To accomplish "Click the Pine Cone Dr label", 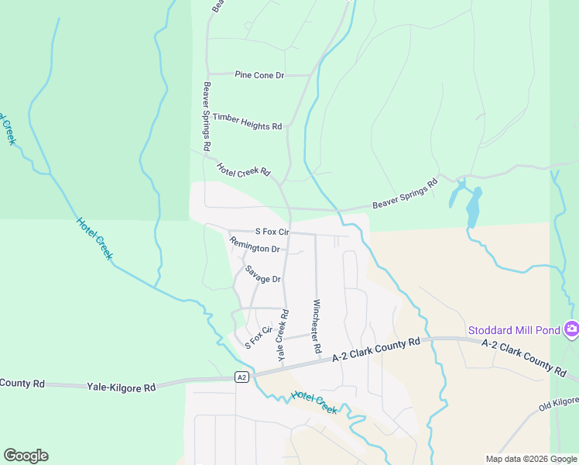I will click(x=260, y=75).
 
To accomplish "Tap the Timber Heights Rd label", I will click(x=248, y=121).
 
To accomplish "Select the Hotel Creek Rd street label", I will click(x=244, y=169).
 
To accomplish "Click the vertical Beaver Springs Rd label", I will click(x=207, y=116).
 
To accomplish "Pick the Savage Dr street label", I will click(x=262, y=274).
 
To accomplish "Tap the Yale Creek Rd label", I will click(x=283, y=335).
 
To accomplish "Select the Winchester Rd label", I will click(x=317, y=326).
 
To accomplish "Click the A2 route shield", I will click(x=242, y=377).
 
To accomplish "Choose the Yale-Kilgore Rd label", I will click(x=122, y=386).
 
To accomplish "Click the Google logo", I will click(x=26, y=456).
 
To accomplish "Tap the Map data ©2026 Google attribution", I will click(x=531, y=459).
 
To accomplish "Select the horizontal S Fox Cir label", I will click(x=272, y=232).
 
